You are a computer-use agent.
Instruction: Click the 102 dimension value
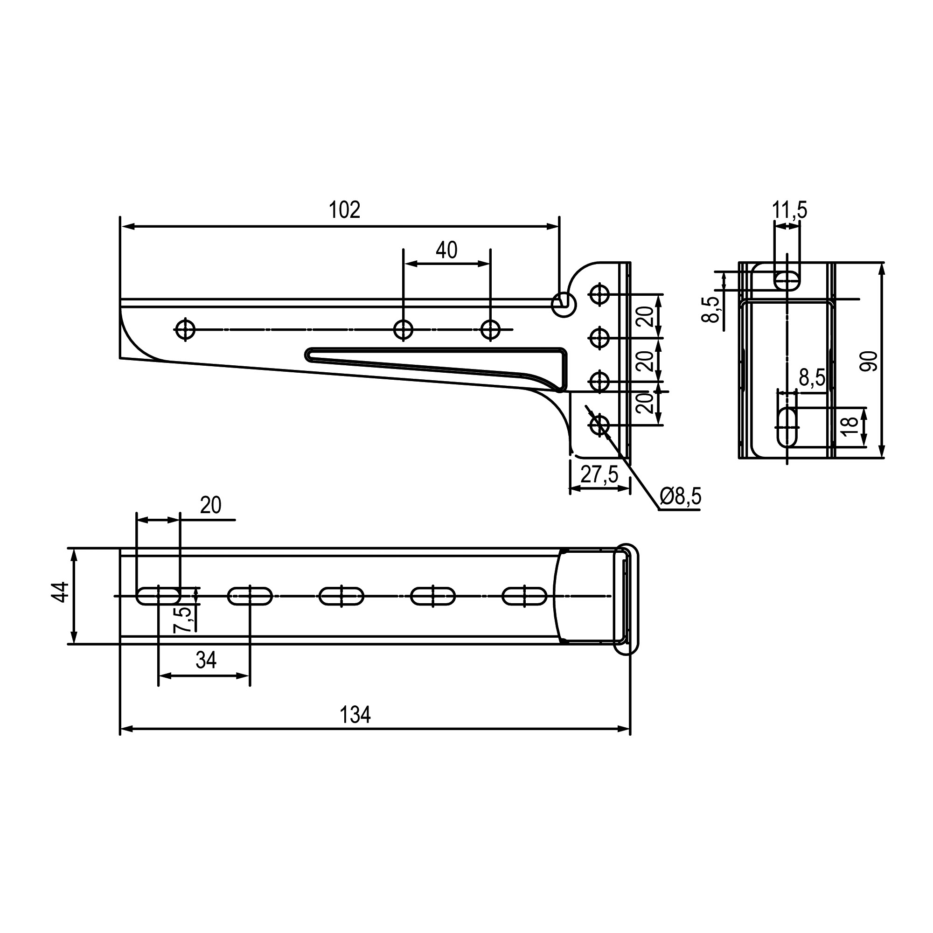click(x=344, y=210)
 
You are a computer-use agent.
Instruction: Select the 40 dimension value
click(x=446, y=250)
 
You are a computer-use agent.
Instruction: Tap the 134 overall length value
click(x=355, y=715)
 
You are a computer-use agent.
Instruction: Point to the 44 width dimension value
click(x=60, y=592)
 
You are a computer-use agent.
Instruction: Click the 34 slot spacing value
click(x=206, y=660)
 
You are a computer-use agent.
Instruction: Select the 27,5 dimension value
click(x=599, y=475)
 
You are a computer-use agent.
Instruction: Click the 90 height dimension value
click(x=869, y=361)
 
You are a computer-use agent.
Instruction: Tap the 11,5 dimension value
click(x=790, y=210)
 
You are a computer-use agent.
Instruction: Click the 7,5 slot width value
click(x=182, y=620)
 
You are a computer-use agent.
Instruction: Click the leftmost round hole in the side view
click(x=186, y=330)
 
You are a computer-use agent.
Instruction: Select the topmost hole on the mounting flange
click(x=599, y=293)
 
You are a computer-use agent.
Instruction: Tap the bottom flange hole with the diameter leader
click(x=599, y=425)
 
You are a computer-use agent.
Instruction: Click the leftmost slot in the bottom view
click(x=159, y=596)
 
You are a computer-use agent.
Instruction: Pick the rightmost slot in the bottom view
click(x=524, y=596)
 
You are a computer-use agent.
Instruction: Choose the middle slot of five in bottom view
click(x=341, y=596)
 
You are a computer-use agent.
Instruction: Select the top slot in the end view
click(x=787, y=280)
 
